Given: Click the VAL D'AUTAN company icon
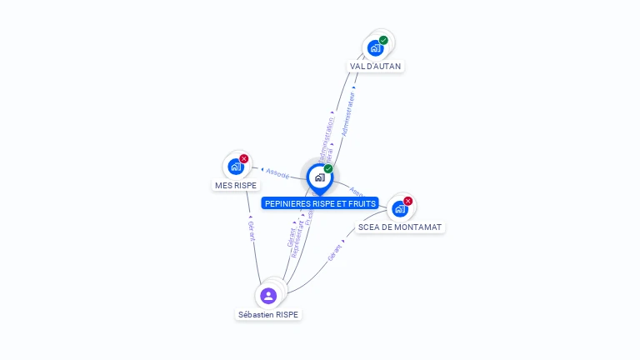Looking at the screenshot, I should pyautogui.click(x=375, y=48).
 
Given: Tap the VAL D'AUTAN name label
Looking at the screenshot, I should pyautogui.click(x=376, y=66).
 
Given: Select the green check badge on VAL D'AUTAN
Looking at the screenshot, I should pyautogui.click(x=383, y=40).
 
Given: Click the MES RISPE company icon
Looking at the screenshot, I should pyautogui.click(x=236, y=167).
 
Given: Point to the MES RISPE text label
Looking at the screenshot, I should pyautogui.click(x=236, y=185).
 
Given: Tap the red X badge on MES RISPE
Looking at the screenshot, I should pyautogui.click(x=244, y=158).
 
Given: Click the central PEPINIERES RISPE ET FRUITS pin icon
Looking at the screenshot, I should pyautogui.click(x=319, y=177).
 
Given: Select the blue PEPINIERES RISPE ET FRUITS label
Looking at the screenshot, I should pyautogui.click(x=320, y=203).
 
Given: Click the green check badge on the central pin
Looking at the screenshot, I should pyautogui.click(x=328, y=169).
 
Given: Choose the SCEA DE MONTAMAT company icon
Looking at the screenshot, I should pyautogui.click(x=400, y=208).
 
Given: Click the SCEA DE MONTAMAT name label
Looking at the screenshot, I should pyautogui.click(x=400, y=227).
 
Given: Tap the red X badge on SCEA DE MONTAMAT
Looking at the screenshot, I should pyautogui.click(x=408, y=201).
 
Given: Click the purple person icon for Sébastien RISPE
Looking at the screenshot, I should pyautogui.click(x=267, y=295).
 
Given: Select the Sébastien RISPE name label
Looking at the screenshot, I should pyautogui.click(x=268, y=314).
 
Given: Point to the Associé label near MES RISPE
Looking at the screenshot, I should pyautogui.click(x=277, y=173).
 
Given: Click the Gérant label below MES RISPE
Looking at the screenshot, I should pyautogui.click(x=251, y=230).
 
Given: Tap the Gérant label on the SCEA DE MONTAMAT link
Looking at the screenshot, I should pyautogui.click(x=336, y=253).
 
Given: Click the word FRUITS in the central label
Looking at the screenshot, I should pyautogui.click(x=362, y=203).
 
